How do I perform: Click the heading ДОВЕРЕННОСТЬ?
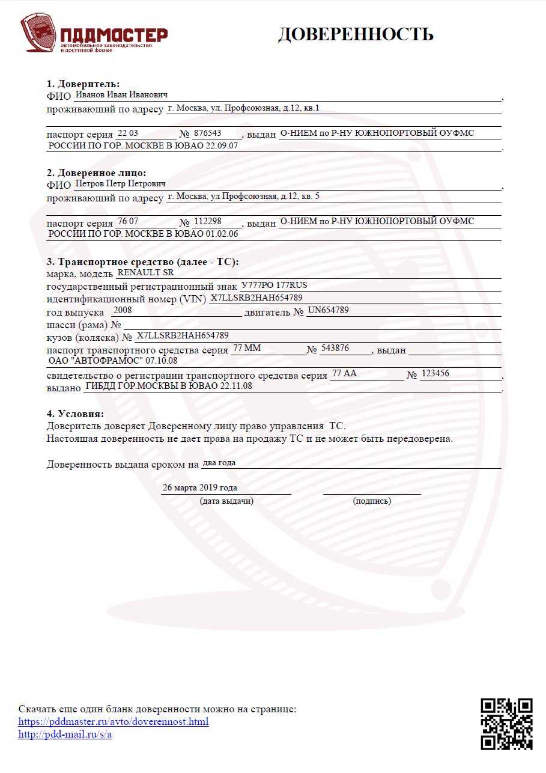(x=356, y=34)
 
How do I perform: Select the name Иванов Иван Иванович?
(x=121, y=95)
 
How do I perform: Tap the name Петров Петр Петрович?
(x=120, y=183)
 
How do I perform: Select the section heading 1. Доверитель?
(x=83, y=84)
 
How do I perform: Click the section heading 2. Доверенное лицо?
(x=96, y=173)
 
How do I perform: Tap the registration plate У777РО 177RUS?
(x=274, y=285)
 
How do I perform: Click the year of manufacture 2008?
(x=123, y=310)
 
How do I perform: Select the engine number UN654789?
(x=328, y=310)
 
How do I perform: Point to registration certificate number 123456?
(x=435, y=373)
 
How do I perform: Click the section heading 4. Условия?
(x=75, y=414)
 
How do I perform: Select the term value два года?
(x=219, y=463)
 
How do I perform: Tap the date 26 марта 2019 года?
(x=199, y=487)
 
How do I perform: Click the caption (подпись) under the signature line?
(x=372, y=501)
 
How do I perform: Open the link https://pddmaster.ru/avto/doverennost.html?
(x=114, y=721)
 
